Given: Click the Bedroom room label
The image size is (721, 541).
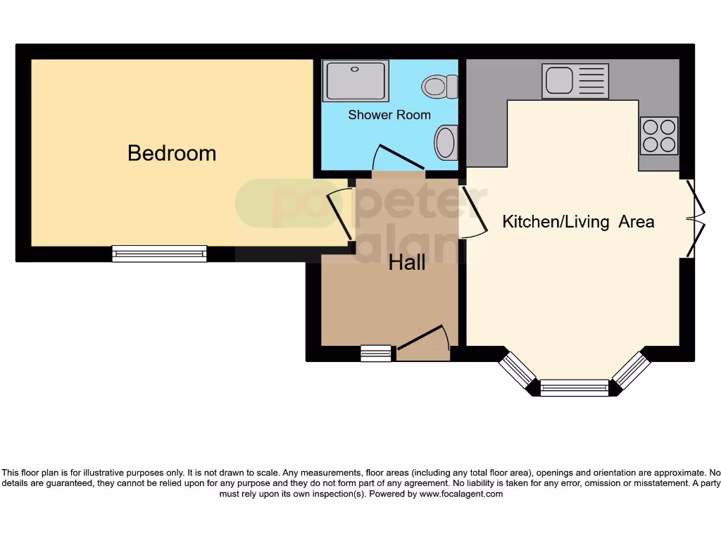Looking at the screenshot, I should pyautogui.click(x=172, y=153).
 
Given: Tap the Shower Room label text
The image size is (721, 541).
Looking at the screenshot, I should pyautogui.click(x=389, y=115).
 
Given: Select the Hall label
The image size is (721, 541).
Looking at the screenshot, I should pyautogui.click(x=407, y=263).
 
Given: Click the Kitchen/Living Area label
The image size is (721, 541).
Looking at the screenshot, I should pyautogui.click(x=577, y=222).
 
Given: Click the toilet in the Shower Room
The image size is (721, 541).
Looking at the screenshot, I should pyautogui.click(x=440, y=87).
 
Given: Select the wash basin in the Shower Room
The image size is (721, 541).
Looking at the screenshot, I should pyautogui.click(x=446, y=142).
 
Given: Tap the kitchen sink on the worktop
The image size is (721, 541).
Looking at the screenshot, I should pyautogui.click(x=575, y=81).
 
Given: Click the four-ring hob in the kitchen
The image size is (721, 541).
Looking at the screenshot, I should pyautogui.click(x=659, y=135).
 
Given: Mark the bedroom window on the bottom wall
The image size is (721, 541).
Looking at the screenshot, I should pyautogui.click(x=159, y=254).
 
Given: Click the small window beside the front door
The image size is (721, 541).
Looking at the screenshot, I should pyautogui.click(x=376, y=354).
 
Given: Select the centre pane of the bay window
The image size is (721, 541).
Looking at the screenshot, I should pyautogui.click(x=574, y=387).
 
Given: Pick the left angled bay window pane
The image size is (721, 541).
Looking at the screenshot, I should pyautogui.click(x=518, y=371).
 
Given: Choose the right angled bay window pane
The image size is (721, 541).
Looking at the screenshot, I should pyautogui.click(x=631, y=370).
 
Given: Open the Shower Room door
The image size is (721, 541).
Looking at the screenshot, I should pyautogui.click(x=398, y=158).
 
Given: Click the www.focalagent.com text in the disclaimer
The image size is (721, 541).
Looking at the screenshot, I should pyautogui.click(x=461, y=494).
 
